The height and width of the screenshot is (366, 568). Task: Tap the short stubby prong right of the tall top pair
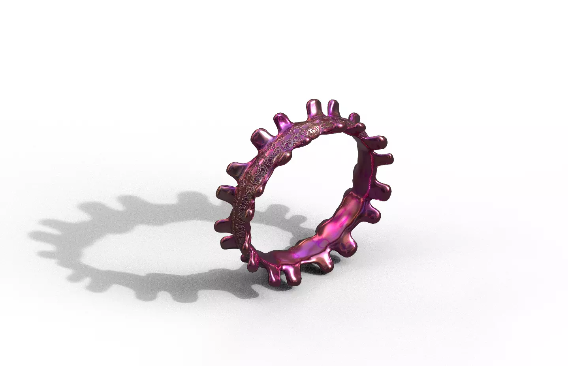tap(354, 117)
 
